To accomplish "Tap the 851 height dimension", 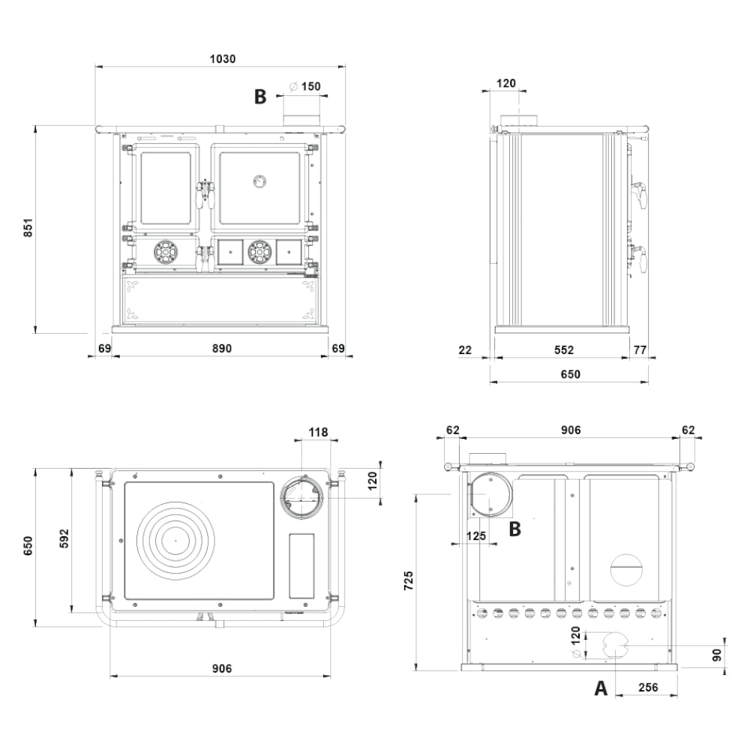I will pyautogui.click(x=28, y=228).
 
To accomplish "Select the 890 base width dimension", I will pyautogui.click(x=221, y=348).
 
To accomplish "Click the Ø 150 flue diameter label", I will pyautogui.click(x=305, y=86).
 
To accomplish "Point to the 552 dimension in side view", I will pyautogui.click(x=563, y=349).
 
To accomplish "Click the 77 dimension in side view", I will pyautogui.click(x=640, y=349).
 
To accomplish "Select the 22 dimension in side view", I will pyautogui.click(x=465, y=349).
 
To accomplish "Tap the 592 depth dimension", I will pyautogui.click(x=63, y=538).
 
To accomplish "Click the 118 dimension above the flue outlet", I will pyautogui.click(x=319, y=432).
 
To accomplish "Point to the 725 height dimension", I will pyautogui.click(x=407, y=580).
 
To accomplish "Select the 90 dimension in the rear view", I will pyautogui.click(x=716, y=655).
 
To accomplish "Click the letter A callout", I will pyautogui.click(x=600, y=688).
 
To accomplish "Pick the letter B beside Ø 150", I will pyautogui.click(x=260, y=97).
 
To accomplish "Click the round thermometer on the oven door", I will pyautogui.click(x=259, y=180).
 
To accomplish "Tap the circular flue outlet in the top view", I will pyautogui.click(x=303, y=496).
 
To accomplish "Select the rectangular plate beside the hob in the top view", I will pyautogui.click(x=301, y=565).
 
